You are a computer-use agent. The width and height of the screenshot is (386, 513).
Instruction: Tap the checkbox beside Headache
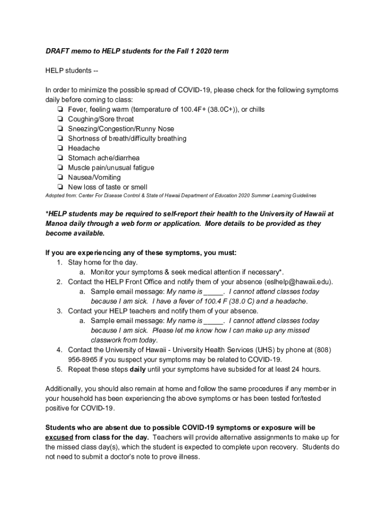(60, 148)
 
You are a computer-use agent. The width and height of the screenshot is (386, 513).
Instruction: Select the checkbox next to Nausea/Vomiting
(60, 177)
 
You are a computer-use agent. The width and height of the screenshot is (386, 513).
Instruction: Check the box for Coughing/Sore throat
(60, 119)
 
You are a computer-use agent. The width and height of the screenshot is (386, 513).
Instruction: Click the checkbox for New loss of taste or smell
(60, 187)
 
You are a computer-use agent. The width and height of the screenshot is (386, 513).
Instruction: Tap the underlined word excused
(59, 437)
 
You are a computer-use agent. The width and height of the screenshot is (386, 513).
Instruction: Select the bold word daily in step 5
(138, 370)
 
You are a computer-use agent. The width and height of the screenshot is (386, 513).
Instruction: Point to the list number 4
(59, 350)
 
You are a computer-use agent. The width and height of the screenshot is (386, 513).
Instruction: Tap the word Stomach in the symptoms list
(81, 158)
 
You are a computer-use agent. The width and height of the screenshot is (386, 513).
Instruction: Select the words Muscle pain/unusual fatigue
(111, 168)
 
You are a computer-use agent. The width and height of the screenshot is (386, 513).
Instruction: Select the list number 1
(59, 263)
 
